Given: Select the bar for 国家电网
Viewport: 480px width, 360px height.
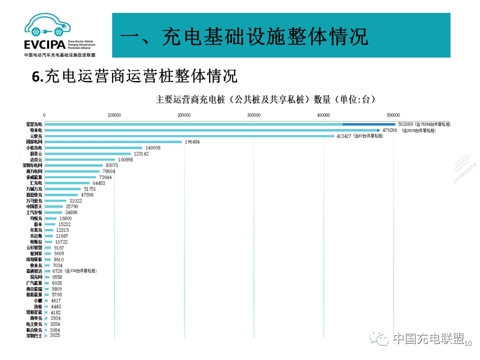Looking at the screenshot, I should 113,142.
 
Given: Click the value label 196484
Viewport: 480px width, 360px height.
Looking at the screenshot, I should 192,142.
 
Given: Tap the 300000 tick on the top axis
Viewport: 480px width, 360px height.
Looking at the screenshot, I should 254,115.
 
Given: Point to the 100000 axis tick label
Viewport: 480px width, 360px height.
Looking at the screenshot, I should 114,115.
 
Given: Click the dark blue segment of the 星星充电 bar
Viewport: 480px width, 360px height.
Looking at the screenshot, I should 368,124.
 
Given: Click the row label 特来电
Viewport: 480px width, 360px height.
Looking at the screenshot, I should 36,130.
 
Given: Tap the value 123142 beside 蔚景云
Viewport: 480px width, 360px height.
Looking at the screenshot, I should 141,154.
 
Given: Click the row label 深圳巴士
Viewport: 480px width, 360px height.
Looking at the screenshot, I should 34,335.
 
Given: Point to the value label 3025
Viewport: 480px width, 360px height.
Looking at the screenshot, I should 55,335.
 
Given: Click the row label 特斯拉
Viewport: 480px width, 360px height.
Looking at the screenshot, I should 36,241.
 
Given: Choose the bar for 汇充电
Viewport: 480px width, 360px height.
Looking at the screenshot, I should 67,183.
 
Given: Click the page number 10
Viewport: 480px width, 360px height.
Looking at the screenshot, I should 468,343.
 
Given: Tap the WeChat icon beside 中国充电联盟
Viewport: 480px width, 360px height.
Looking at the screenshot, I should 379,339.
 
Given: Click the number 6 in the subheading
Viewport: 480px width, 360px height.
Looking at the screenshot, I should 35,76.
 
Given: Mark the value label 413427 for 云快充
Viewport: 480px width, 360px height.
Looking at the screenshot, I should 343,136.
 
